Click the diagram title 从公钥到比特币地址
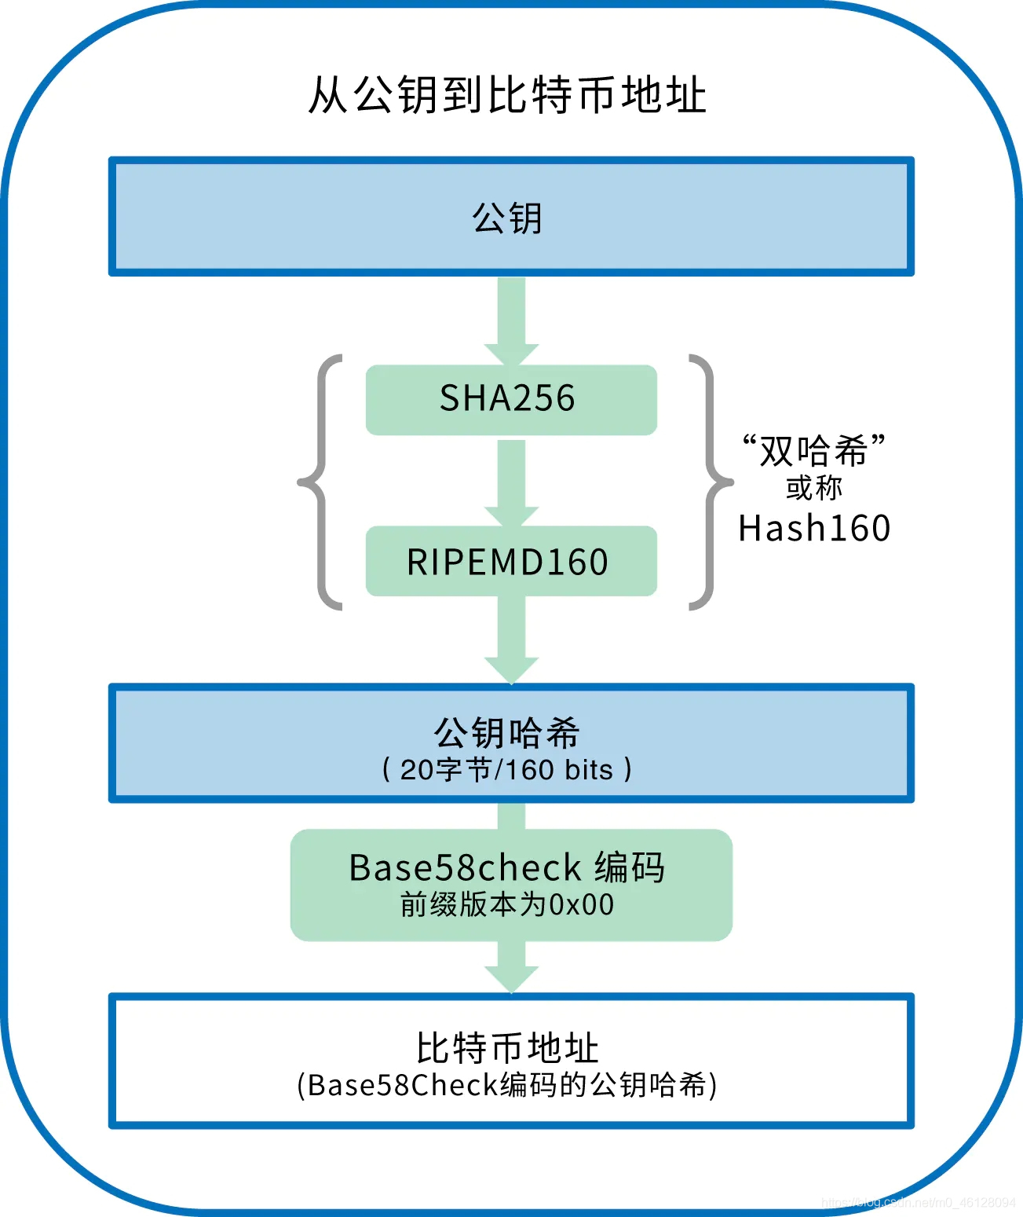click(507, 95)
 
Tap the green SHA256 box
click(511, 399)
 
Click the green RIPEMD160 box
click(511, 562)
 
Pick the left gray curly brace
click(320, 482)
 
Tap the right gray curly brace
click(710, 482)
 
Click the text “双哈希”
click(814, 450)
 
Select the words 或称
click(814, 488)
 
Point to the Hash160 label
click(814, 528)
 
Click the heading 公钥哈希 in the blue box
click(507, 732)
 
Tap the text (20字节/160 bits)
click(507, 769)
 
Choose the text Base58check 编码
click(507, 867)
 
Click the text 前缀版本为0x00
click(507, 905)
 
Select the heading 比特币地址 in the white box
click(507, 1048)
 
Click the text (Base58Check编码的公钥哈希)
click(507, 1085)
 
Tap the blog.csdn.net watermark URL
click(918, 1202)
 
